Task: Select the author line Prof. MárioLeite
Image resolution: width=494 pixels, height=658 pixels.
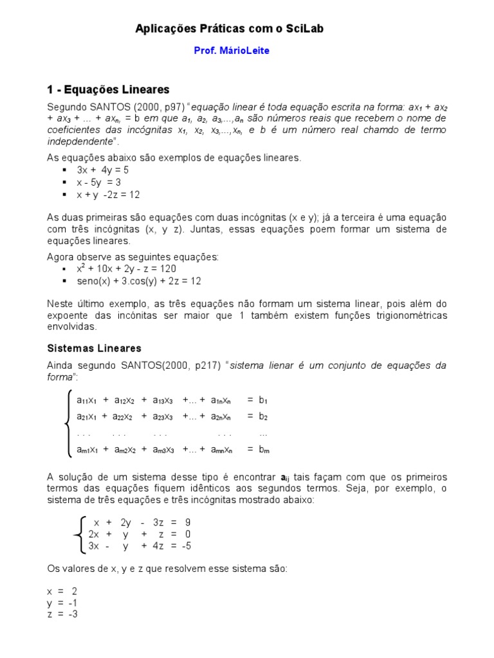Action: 232,51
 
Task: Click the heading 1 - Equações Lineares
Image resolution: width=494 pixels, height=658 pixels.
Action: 108,89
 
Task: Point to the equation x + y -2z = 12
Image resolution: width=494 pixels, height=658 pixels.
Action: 108,195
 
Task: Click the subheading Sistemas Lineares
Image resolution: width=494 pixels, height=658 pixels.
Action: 95,348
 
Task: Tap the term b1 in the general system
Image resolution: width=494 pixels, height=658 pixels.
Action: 263,400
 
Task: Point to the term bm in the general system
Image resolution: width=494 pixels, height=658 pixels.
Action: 264,450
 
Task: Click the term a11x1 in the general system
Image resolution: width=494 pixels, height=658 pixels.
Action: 86,400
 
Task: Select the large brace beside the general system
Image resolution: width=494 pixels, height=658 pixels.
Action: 67,424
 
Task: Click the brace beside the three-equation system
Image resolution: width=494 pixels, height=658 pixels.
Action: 78,535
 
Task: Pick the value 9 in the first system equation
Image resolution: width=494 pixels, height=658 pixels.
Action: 187,522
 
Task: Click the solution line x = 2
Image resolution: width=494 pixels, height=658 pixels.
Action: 62,591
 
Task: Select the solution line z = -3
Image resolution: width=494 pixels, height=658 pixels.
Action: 62,614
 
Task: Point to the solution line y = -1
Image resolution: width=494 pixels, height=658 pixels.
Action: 62,603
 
